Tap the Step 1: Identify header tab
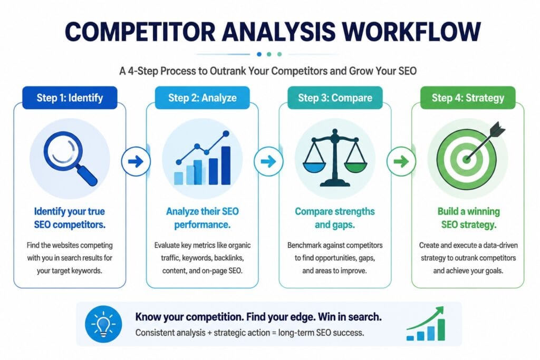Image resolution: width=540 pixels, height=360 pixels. coord(70,98)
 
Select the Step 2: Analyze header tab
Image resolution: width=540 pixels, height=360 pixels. coord(202,98)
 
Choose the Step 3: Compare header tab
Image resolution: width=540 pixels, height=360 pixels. coord(335,98)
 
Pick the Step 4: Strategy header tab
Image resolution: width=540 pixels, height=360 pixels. coord(468,98)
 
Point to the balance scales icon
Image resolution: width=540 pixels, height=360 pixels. coord(335,158)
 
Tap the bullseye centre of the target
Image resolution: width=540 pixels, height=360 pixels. coord(467,159)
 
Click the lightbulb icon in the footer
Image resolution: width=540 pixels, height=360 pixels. coord(103,324)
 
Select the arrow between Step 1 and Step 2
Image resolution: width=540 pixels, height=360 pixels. coord(136,161)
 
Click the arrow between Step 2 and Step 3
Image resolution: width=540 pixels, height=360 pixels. coord(268,161)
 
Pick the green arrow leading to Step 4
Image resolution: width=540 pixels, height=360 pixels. coord(401,161)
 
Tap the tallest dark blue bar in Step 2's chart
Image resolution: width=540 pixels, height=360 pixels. coord(226,166)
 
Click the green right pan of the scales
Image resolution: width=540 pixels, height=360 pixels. coord(356,168)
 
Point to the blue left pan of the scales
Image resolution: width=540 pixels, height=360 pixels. coord(314,168)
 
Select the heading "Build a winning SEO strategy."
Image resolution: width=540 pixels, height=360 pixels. coord(468,218)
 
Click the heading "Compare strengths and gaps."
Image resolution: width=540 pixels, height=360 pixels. coord(335,218)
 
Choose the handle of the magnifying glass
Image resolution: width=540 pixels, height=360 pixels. coord(87,175)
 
